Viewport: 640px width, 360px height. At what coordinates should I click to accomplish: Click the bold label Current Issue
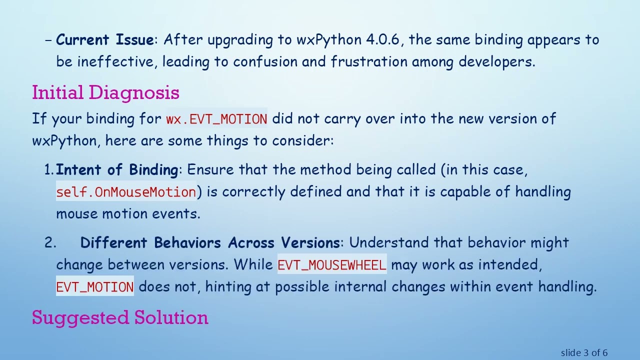[x=105, y=40]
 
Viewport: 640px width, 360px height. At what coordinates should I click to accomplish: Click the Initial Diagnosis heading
[x=105, y=93]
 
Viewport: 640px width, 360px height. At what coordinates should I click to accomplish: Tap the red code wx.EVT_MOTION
[x=216, y=119]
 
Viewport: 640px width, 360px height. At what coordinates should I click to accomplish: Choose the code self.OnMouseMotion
[x=126, y=192]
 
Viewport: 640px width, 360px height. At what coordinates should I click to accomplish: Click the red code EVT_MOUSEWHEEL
[x=331, y=265]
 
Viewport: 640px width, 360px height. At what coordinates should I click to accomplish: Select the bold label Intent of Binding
[x=116, y=170]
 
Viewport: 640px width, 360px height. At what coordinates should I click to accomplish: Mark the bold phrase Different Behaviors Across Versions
[x=210, y=243]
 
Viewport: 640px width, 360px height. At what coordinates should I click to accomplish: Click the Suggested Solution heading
[x=120, y=318]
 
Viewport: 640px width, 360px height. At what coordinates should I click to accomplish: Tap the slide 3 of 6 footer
[x=584, y=353]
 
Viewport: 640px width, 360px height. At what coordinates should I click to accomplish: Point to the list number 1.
[x=49, y=170]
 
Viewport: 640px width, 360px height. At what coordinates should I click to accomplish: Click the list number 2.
[x=50, y=243]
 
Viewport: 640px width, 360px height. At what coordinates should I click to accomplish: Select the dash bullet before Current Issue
[x=48, y=40]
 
